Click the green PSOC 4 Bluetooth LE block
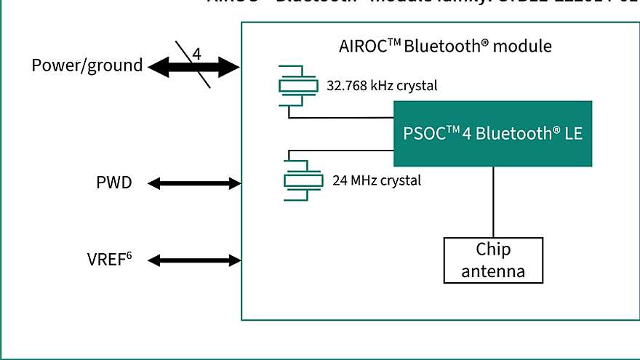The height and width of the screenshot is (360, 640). (x=492, y=134)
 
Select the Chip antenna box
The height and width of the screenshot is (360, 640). (x=493, y=260)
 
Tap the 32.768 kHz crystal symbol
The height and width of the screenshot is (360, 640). (x=298, y=86)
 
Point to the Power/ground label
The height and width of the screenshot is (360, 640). (x=87, y=65)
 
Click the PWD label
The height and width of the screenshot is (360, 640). (x=114, y=183)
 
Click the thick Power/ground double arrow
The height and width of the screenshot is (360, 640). (x=194, y=68)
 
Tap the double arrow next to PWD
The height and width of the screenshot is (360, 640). (x=194, y=183)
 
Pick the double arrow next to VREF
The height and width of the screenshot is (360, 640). (x=194, y=260)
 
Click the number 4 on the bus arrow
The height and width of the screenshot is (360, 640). (x=196, y=55)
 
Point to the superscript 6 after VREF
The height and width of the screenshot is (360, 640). (x=136, y=255)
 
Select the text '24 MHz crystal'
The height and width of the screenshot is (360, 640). (x=376, y=180)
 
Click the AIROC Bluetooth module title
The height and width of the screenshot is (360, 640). (x=445, y=46)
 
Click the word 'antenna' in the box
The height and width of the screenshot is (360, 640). (x=493, y=271)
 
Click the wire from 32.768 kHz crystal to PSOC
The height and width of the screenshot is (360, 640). (x=342, y=117)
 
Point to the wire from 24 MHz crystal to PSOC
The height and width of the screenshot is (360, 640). (x=342, y=151)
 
